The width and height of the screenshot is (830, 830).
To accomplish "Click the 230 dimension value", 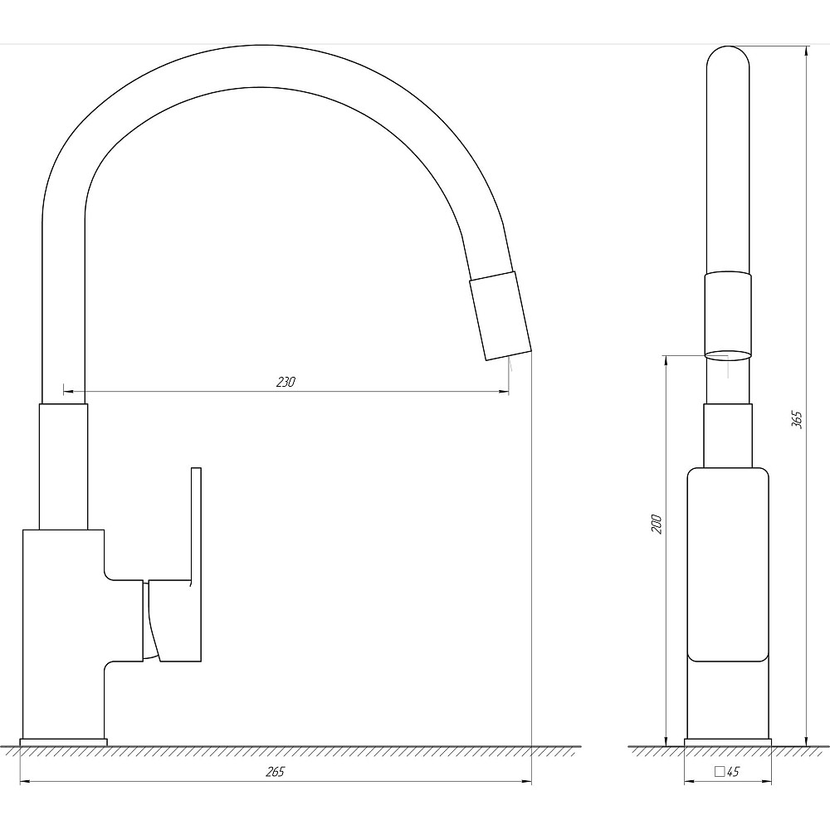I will pos(286,382).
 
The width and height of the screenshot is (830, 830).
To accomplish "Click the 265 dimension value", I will pos(276,772).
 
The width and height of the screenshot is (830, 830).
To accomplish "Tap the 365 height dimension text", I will pos(797,418).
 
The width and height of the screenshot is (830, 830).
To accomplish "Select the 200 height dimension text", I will pos(656,524).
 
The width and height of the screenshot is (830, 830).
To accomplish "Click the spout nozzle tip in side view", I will pos(500,316).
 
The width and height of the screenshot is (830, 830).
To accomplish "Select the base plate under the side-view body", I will pos(64,741).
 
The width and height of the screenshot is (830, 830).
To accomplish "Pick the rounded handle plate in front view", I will pos(728,564).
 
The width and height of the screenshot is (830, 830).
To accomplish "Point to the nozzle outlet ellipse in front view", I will pos(728,354).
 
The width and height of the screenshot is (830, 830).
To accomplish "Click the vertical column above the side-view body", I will pos(64,465).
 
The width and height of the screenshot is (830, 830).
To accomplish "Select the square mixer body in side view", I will pos(62,631).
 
